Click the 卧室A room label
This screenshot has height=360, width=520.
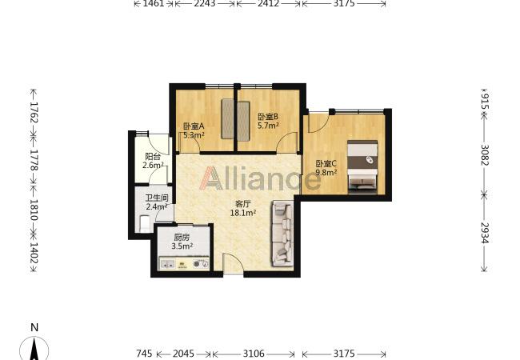point(194,126)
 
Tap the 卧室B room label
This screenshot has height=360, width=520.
point(268,117)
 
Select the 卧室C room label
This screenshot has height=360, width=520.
point(326,163)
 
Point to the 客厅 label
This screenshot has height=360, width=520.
point(242,204)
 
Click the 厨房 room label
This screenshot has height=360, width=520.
point(182,238)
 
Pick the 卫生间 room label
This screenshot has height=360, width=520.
point(157,198)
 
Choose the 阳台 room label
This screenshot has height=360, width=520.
point(153,157)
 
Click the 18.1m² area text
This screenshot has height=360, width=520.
point(243,213)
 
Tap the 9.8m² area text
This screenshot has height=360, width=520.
point(326,172)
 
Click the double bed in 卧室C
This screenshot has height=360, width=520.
point(362,166)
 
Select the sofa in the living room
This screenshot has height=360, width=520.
point(283,234)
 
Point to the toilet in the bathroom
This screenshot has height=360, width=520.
point(145,224)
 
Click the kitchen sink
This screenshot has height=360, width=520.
point(167,264)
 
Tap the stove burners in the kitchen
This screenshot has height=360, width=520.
point(201,264)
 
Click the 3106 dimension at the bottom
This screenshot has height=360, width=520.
point(254,354)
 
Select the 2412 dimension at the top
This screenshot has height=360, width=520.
point(268,4)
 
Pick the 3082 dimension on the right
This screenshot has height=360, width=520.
point(485,154)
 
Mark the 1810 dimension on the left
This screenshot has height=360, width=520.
point(34,210)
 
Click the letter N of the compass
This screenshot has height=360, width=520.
point(34,327)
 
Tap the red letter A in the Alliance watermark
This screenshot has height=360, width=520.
point(210,178)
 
